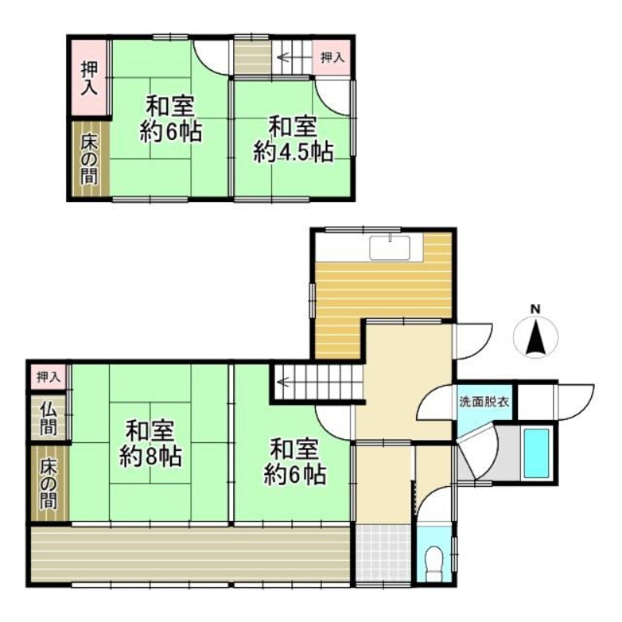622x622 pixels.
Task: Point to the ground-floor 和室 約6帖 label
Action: (x=294, y=463)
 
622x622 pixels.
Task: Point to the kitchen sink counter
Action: (x=394, y=247)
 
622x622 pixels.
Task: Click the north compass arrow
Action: (x=536, y=340)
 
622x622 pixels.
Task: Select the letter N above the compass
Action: (x=536, y=310)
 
